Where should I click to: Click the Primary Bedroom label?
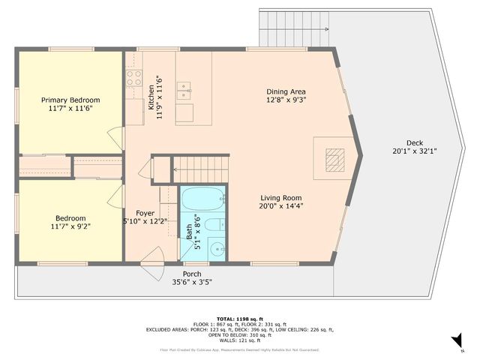pos(70,100)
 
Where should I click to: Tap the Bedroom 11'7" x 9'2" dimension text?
pos(70,225)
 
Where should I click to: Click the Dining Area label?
pos(286,91)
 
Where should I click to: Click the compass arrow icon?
pos(455,341)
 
